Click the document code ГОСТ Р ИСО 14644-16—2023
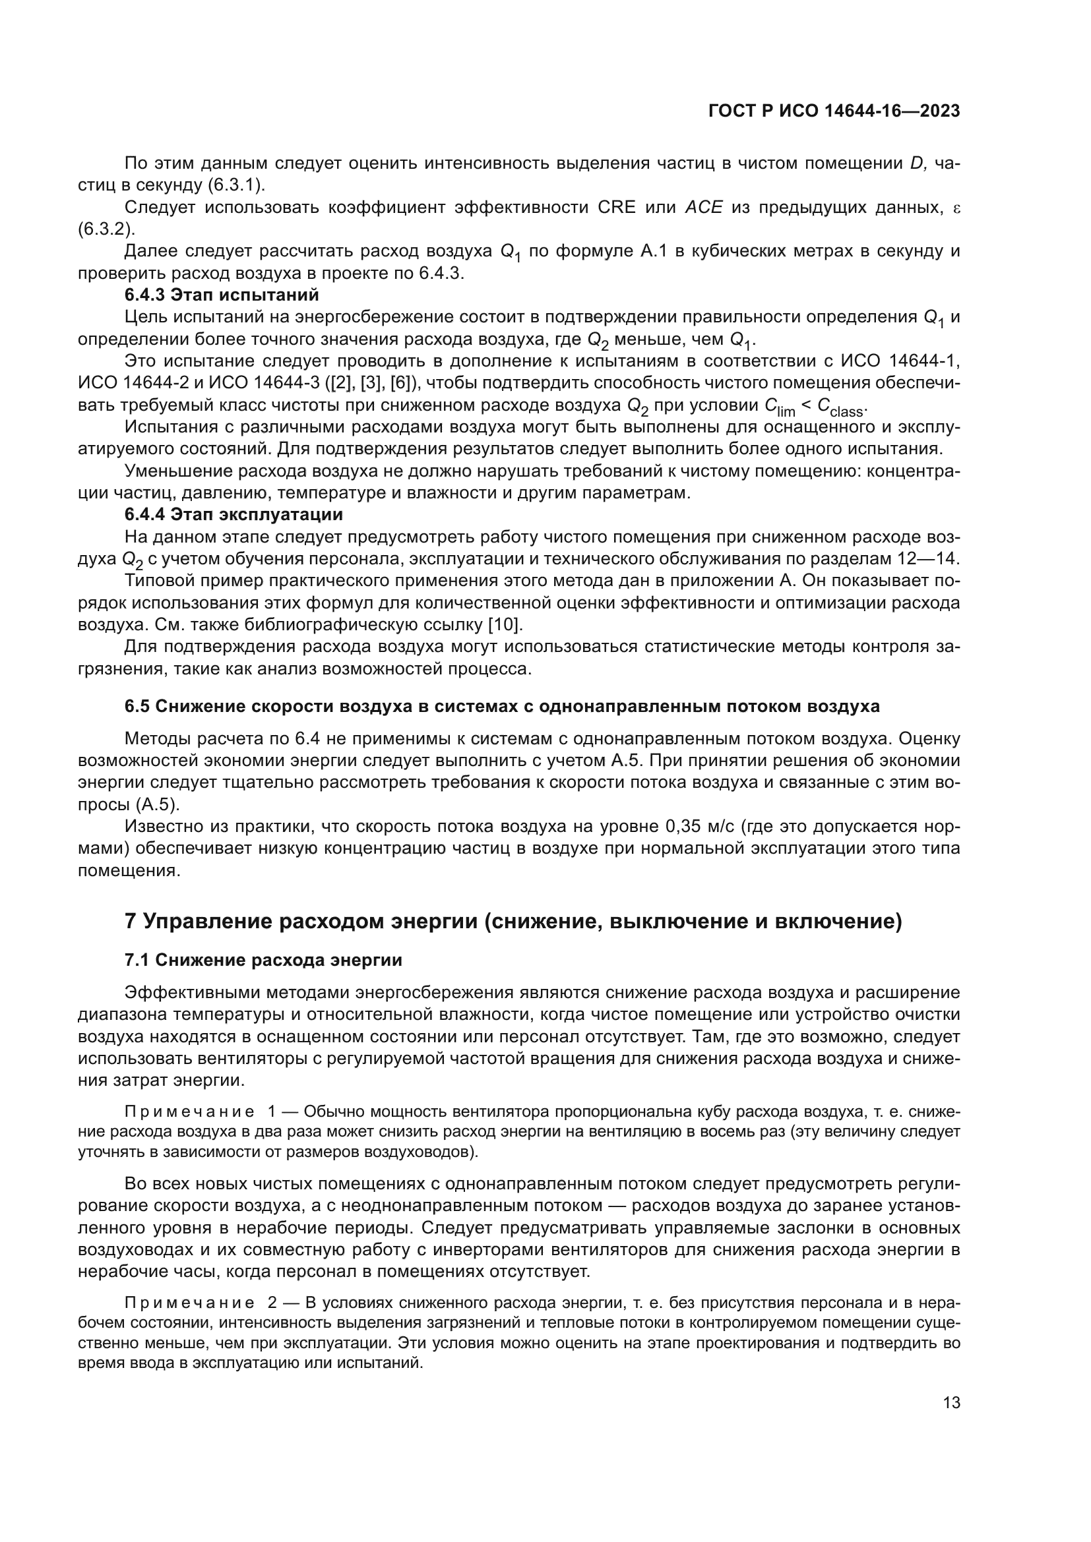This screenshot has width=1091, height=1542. coord(834,111)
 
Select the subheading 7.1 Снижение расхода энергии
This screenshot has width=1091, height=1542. coord(263,961)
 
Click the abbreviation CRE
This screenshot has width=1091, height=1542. coord(616,208)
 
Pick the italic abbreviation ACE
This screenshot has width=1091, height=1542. coord(703,208)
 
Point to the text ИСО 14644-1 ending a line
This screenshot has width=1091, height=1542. coord(900,361)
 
